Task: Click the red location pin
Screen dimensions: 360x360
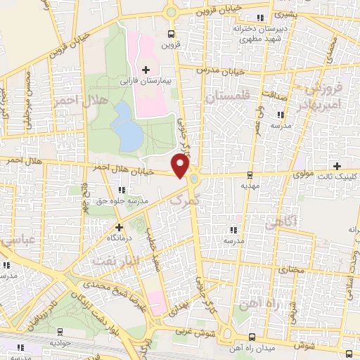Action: point(181,166)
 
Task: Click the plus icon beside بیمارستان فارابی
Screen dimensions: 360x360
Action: point(146,70)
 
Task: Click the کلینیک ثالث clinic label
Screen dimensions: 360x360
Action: point(337,176)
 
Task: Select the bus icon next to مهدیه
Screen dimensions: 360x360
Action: point(250,175)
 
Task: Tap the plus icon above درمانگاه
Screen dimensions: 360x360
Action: point(119,227)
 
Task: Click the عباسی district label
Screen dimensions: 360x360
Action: point(15,243)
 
